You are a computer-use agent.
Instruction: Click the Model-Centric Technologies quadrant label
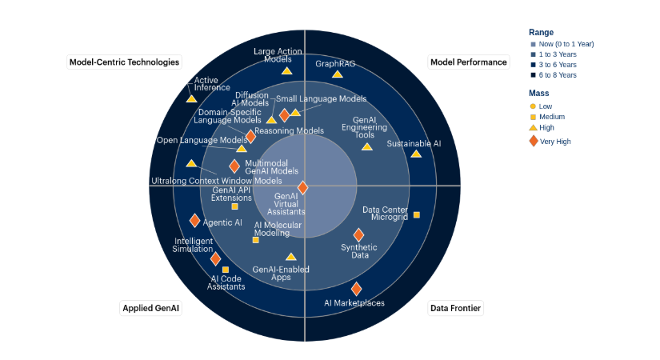tap(124, 62)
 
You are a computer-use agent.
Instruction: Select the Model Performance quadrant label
tap(469, 62)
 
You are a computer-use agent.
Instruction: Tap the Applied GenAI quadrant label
tap(151, 308)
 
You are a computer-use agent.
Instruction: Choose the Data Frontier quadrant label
tap(456, 308)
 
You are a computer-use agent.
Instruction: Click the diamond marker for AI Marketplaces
tap(356, 289)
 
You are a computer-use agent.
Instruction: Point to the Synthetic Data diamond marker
tap(358, 234)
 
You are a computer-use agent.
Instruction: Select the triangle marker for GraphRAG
tap(337, 74)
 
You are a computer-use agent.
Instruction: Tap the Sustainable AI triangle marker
tap(415, 154)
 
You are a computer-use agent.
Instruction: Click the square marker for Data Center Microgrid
tap(416, 214)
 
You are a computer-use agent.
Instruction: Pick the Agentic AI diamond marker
tap(194, 221)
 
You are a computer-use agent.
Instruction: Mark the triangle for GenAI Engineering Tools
tap(366, 146)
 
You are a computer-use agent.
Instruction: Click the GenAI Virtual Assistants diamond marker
tap(302, 187)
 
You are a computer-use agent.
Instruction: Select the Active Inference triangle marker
tap(191, 98)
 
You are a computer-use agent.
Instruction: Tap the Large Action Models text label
tap(278, 55)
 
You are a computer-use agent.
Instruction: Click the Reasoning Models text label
tap(289, 130)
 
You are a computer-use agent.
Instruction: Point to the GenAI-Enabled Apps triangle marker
tap(290, 257)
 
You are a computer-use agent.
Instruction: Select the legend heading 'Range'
tap(541, 32)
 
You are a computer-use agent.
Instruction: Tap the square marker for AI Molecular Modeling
tap(255, 240)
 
